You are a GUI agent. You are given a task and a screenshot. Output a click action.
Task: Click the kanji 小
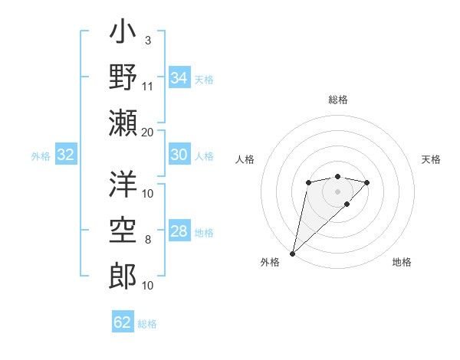(x=123, y=34)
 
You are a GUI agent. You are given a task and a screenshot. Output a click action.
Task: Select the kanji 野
(x=123, y=77)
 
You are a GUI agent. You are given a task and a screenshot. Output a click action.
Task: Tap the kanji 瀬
(x=123, y=122)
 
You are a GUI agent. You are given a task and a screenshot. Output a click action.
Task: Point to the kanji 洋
(x=123, y=185)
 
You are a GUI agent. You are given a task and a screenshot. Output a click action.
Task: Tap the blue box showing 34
(x=179, y=78)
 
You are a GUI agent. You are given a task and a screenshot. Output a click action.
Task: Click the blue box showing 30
(x=179, y=155)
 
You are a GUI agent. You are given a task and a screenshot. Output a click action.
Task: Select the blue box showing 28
(x=179, y=231)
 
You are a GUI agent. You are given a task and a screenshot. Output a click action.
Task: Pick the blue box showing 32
(x=65, y=155)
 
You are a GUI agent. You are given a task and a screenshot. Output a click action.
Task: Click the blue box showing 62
(x=123, y=322)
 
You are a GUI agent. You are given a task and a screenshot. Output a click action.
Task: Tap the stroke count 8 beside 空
(x=147, y=240)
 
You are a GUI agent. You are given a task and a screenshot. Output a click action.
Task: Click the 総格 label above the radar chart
(x=337, y=100)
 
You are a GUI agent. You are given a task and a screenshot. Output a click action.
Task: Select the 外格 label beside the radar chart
(x=270, y=262)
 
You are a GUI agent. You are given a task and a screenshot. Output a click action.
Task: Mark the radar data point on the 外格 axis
(x=292, y=253)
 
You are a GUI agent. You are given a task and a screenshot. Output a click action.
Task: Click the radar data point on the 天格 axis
(x=367, y=182)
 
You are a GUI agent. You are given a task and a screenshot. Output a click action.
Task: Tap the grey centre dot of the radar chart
(x=337, y=191)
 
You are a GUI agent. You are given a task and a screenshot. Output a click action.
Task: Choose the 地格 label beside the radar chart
(x=402, y=262)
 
